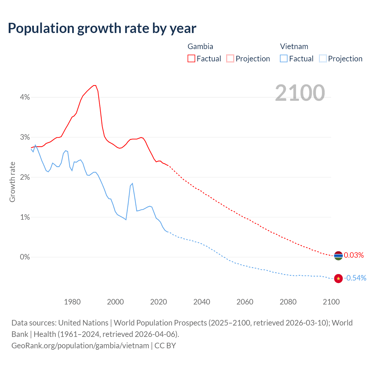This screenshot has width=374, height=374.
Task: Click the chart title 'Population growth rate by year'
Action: pos(102,28)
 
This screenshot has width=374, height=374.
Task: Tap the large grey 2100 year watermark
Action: pos(300,93)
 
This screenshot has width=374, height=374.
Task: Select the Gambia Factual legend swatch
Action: pos(191,58)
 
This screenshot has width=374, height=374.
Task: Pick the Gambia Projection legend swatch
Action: pos(230,58)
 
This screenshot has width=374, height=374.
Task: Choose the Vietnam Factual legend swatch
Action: pos(283,58)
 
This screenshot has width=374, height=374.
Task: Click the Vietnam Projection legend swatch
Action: pos(323,58)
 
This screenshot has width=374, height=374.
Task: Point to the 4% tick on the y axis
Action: pos(25,97)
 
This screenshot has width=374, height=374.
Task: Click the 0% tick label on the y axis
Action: pos(25,257)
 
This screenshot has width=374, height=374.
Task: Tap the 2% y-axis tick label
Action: pos(25,177)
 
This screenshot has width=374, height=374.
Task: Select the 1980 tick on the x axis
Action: pos(72,302)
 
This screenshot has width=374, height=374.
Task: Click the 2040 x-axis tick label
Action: pos(202,302)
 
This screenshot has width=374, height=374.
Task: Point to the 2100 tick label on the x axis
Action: pos(331,302)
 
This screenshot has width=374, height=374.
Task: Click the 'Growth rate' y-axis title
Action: pos(12,182)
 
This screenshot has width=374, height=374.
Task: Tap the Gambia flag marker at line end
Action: pos(338,256)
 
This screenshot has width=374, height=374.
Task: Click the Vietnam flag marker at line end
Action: pos(338,278)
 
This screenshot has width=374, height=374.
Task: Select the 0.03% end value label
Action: pos(354,255)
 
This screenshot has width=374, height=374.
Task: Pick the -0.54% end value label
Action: pos(355,278)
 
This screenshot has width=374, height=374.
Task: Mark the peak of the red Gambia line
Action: pos(94,85)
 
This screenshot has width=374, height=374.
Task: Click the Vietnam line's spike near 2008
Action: pos(132,183)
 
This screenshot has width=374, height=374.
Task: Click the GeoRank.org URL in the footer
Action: pos(80,346)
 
